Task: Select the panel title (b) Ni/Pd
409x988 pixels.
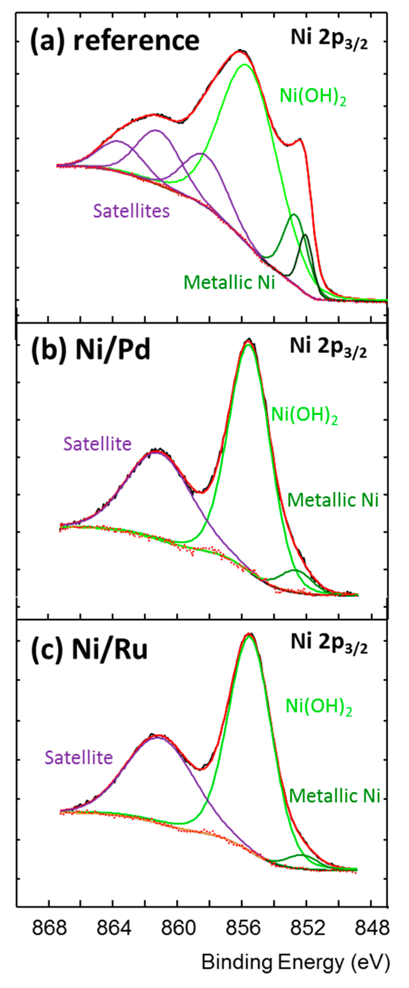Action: pyautogui.click(x=91, y=350)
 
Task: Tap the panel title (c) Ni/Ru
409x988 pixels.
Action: pyautogui.click(x=89, y=650)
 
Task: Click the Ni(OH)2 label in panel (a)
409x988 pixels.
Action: pyautogui.click(x=313, y=96)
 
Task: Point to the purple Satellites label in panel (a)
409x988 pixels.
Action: pyautogui.click(x=131, y=211)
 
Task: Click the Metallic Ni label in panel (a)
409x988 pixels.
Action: pyautogui.click(x=229, y=283)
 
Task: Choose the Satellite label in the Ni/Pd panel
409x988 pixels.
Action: pyautogui.click(x=98, y=444)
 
